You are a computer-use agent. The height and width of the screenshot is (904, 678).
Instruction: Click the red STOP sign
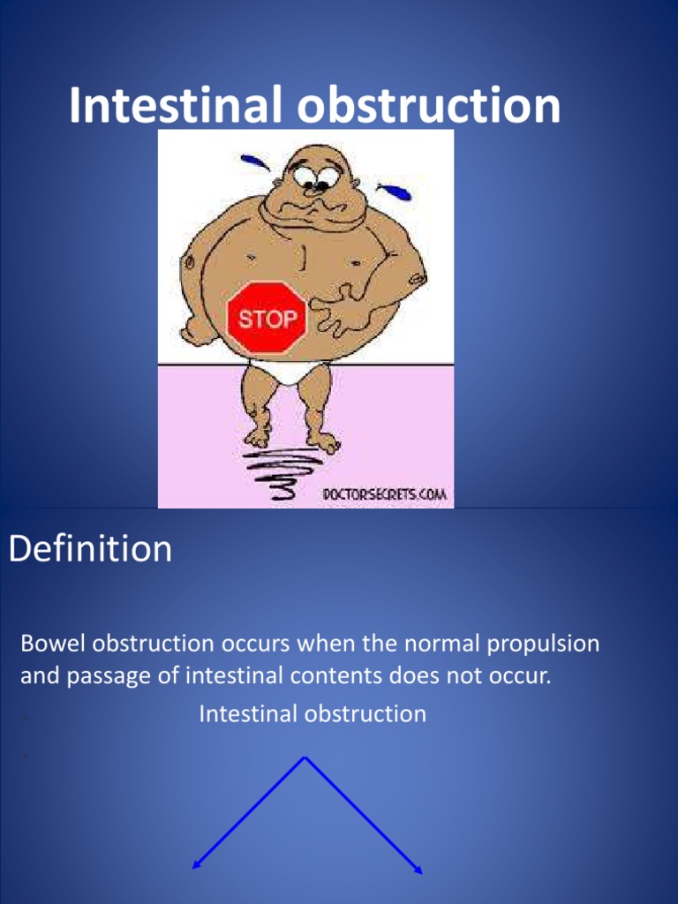coord(267,317)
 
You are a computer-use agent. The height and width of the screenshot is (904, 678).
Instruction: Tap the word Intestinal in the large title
coord(175,106)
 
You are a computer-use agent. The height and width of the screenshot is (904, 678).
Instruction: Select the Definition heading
coord(90,549)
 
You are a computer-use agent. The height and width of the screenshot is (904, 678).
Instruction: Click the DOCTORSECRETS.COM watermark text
coord(384,495)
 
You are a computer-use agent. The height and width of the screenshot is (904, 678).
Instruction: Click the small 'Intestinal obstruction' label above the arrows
coord(313,713)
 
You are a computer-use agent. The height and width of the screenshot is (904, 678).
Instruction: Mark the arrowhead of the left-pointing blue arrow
coord(196,867)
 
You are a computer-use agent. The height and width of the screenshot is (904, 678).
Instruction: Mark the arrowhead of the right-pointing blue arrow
coord(419,871)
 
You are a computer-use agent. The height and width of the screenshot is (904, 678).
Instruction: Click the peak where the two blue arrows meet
coord(305,757)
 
